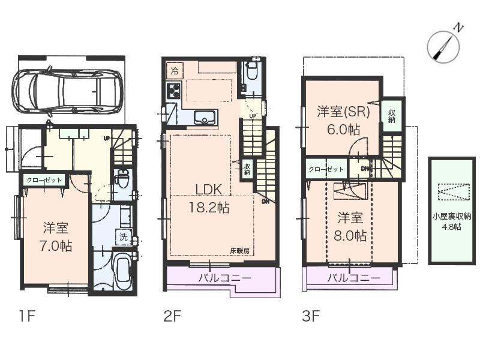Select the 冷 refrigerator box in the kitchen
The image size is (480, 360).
[x=174, y=71]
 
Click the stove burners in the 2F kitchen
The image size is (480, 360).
[x=175, y=91]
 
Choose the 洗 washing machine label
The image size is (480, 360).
[x=123, y=237]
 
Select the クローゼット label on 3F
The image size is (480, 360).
[x=326, y=169]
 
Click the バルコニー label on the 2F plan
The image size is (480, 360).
[x=225, y=278]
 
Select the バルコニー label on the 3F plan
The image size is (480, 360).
[x=353, y=278]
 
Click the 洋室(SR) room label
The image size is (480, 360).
[x=343, y=111]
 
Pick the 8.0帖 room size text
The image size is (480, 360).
[x=350, y=235]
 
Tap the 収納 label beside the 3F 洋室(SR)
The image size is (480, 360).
[x=392, y=116]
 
